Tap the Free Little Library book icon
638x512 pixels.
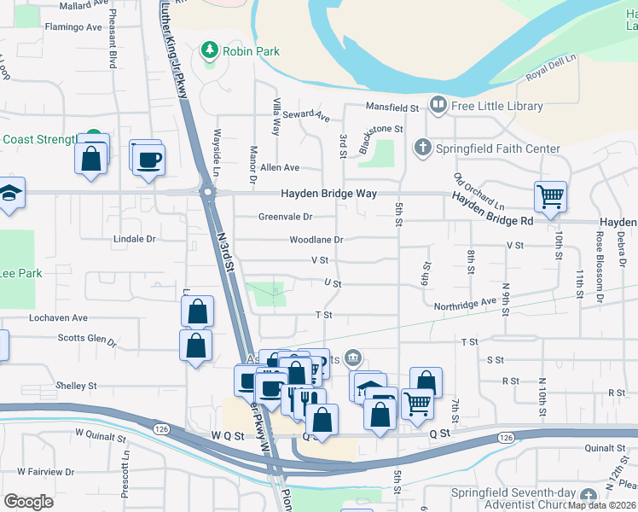(438, 106)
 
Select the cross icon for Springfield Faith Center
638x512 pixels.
(421, 148)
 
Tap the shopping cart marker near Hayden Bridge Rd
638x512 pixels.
(550, 196)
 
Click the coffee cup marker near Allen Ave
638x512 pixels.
(149, 159)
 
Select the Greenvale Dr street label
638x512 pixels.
(285, 217)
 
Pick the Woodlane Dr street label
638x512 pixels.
(316, 241)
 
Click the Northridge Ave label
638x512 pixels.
(465, 302)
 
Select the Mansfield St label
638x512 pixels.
(392, 108)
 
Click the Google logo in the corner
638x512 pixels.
(28, 501)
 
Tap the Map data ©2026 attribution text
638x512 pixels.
(602, 505)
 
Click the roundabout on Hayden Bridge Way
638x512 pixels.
(207, 193)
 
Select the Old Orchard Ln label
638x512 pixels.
(478, 193)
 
